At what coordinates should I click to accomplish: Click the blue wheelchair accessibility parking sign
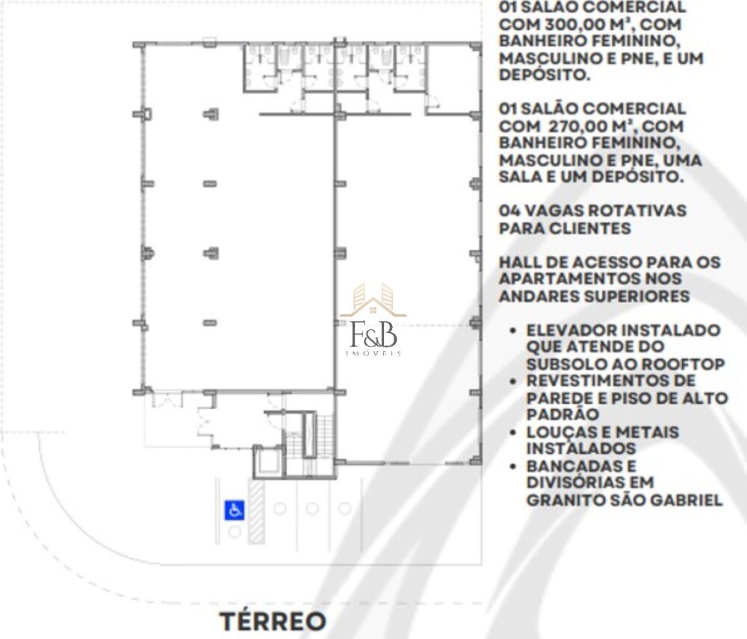pyautogui.click(x=235, y=511)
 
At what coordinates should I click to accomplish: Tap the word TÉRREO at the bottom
pyautogui.click(x=273, y=621)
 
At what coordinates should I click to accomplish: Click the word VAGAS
pyautogui.click(x=554, y=211)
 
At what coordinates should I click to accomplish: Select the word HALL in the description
pyautogui.click(x=521, y=262)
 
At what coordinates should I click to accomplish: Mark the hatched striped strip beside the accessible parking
pyautogui.click(x=256, y=510)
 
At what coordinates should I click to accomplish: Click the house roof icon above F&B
pyautogui.click(x=373, y=300)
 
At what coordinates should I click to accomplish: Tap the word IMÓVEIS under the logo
pyautogui.click(x=373, y=353)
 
